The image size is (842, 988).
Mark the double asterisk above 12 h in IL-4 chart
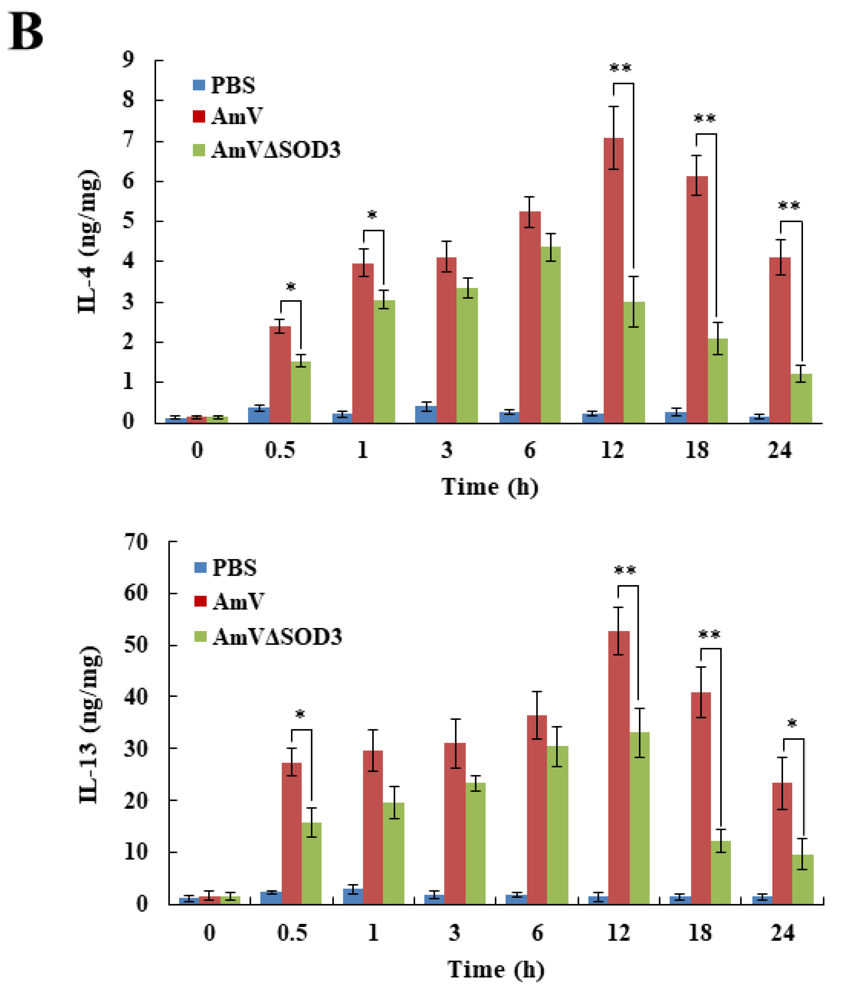pyautogui.click(x=620, y=68)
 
